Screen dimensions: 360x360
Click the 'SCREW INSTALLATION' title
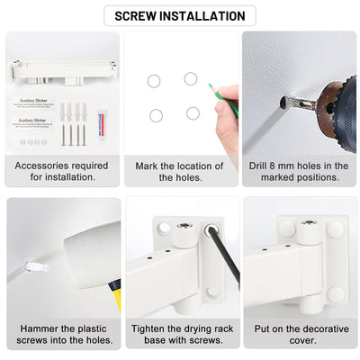[180, 15]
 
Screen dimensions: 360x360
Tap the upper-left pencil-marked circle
[154, 81]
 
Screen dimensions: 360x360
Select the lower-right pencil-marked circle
[193, 113]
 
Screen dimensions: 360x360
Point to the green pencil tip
[211, 88]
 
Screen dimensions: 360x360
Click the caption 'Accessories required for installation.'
[62, 172]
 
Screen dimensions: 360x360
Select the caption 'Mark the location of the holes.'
[180, 172]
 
